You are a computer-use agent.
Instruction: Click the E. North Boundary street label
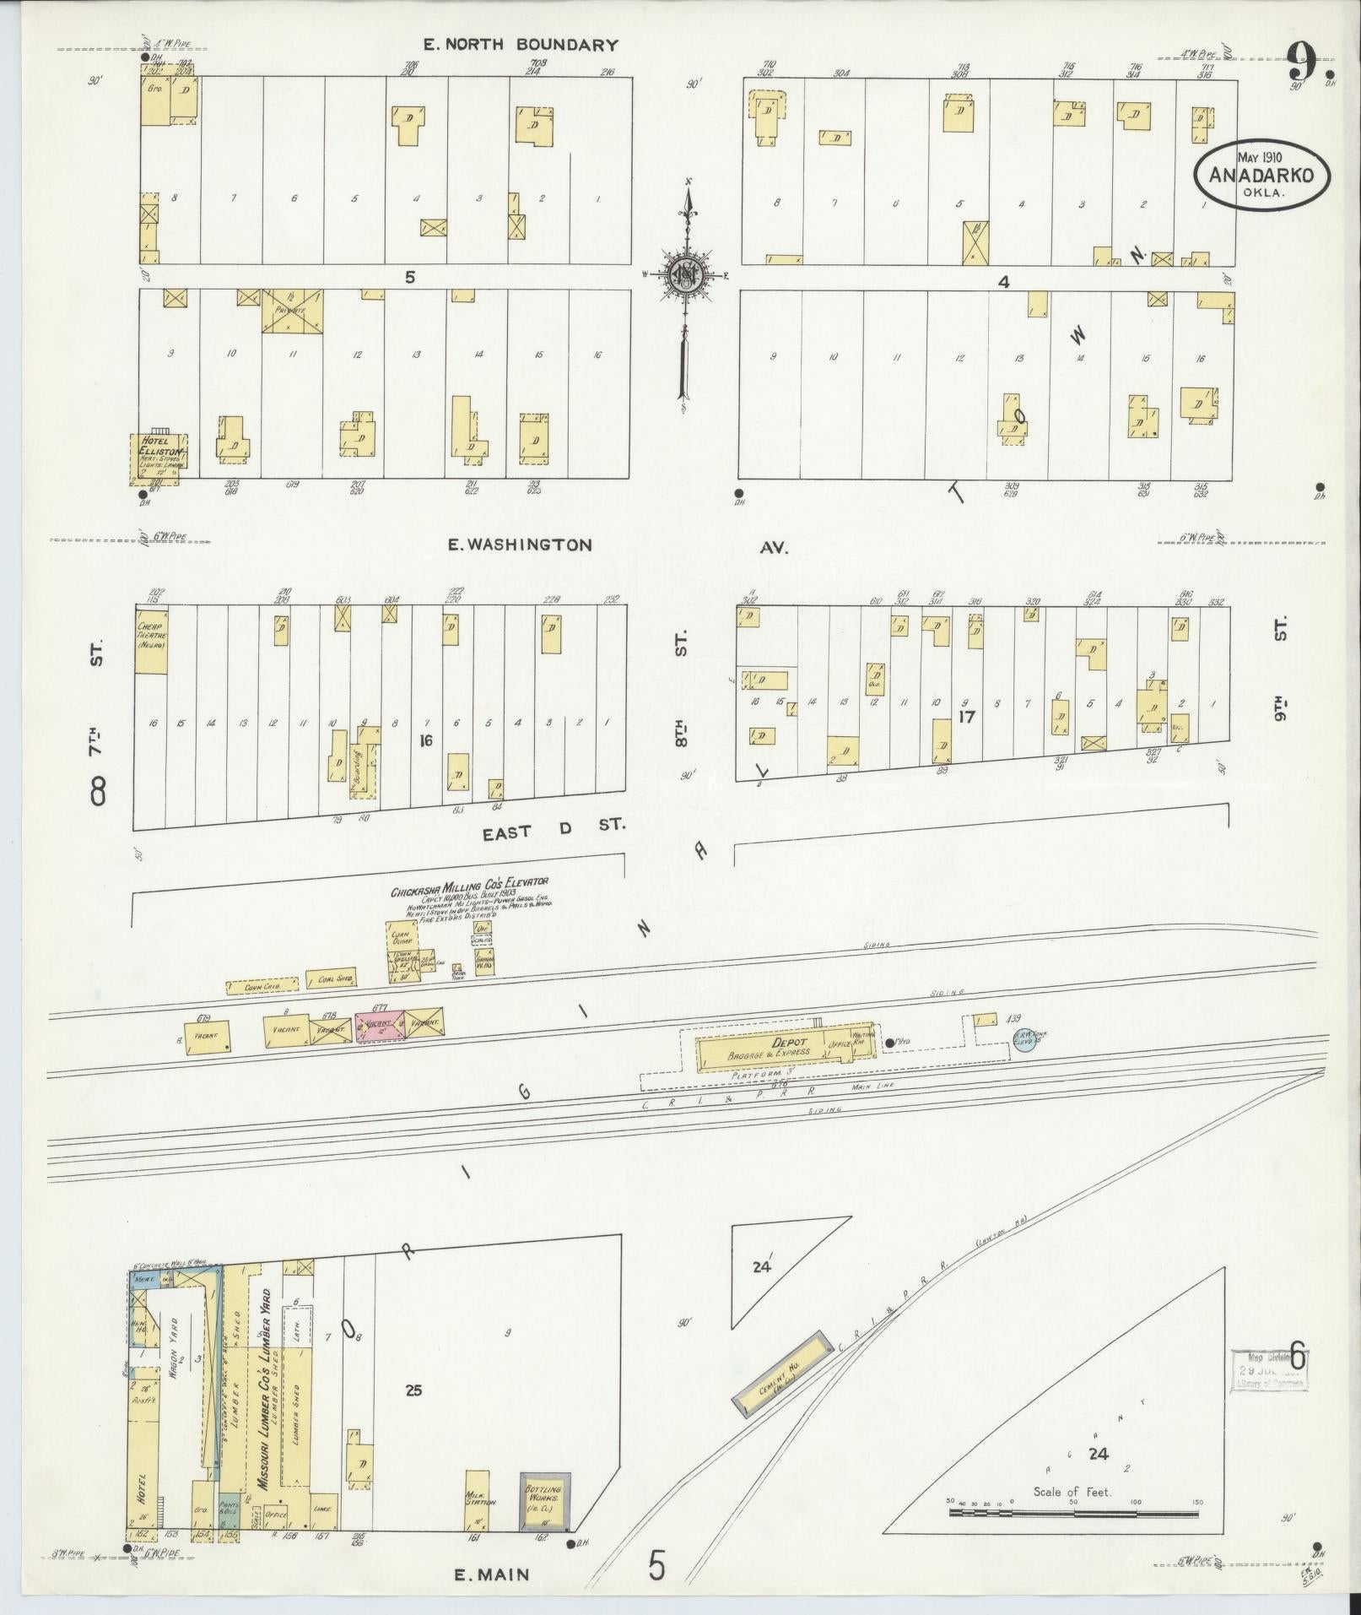coord(521,45)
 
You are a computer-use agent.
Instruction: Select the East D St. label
coord(554,831)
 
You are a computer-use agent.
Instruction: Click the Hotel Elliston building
coord(158,458)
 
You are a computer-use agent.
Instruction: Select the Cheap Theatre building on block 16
coord(151,641)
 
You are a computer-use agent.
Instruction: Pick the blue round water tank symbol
coord(1024,1043)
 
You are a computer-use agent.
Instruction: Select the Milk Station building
coord(477,1501)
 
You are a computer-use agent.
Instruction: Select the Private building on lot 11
coord(292,310)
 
